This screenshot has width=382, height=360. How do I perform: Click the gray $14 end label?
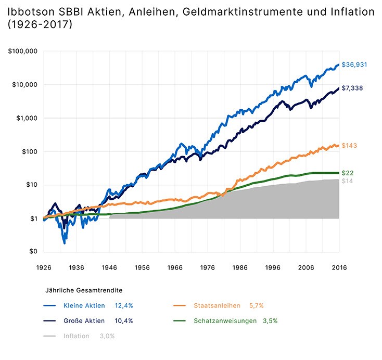(x=347, y=181)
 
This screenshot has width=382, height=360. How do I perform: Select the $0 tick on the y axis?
(x=34, y=252)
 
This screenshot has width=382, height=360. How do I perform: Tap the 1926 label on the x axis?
(x=44, y=267)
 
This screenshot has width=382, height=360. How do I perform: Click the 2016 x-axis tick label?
(x=339, y=267)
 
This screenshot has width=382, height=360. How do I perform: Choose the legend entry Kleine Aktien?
(x=84, y=305)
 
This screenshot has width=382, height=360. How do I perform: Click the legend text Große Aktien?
(x=84, y=321)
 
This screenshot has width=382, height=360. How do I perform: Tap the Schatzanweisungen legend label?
(x=226, y=321)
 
